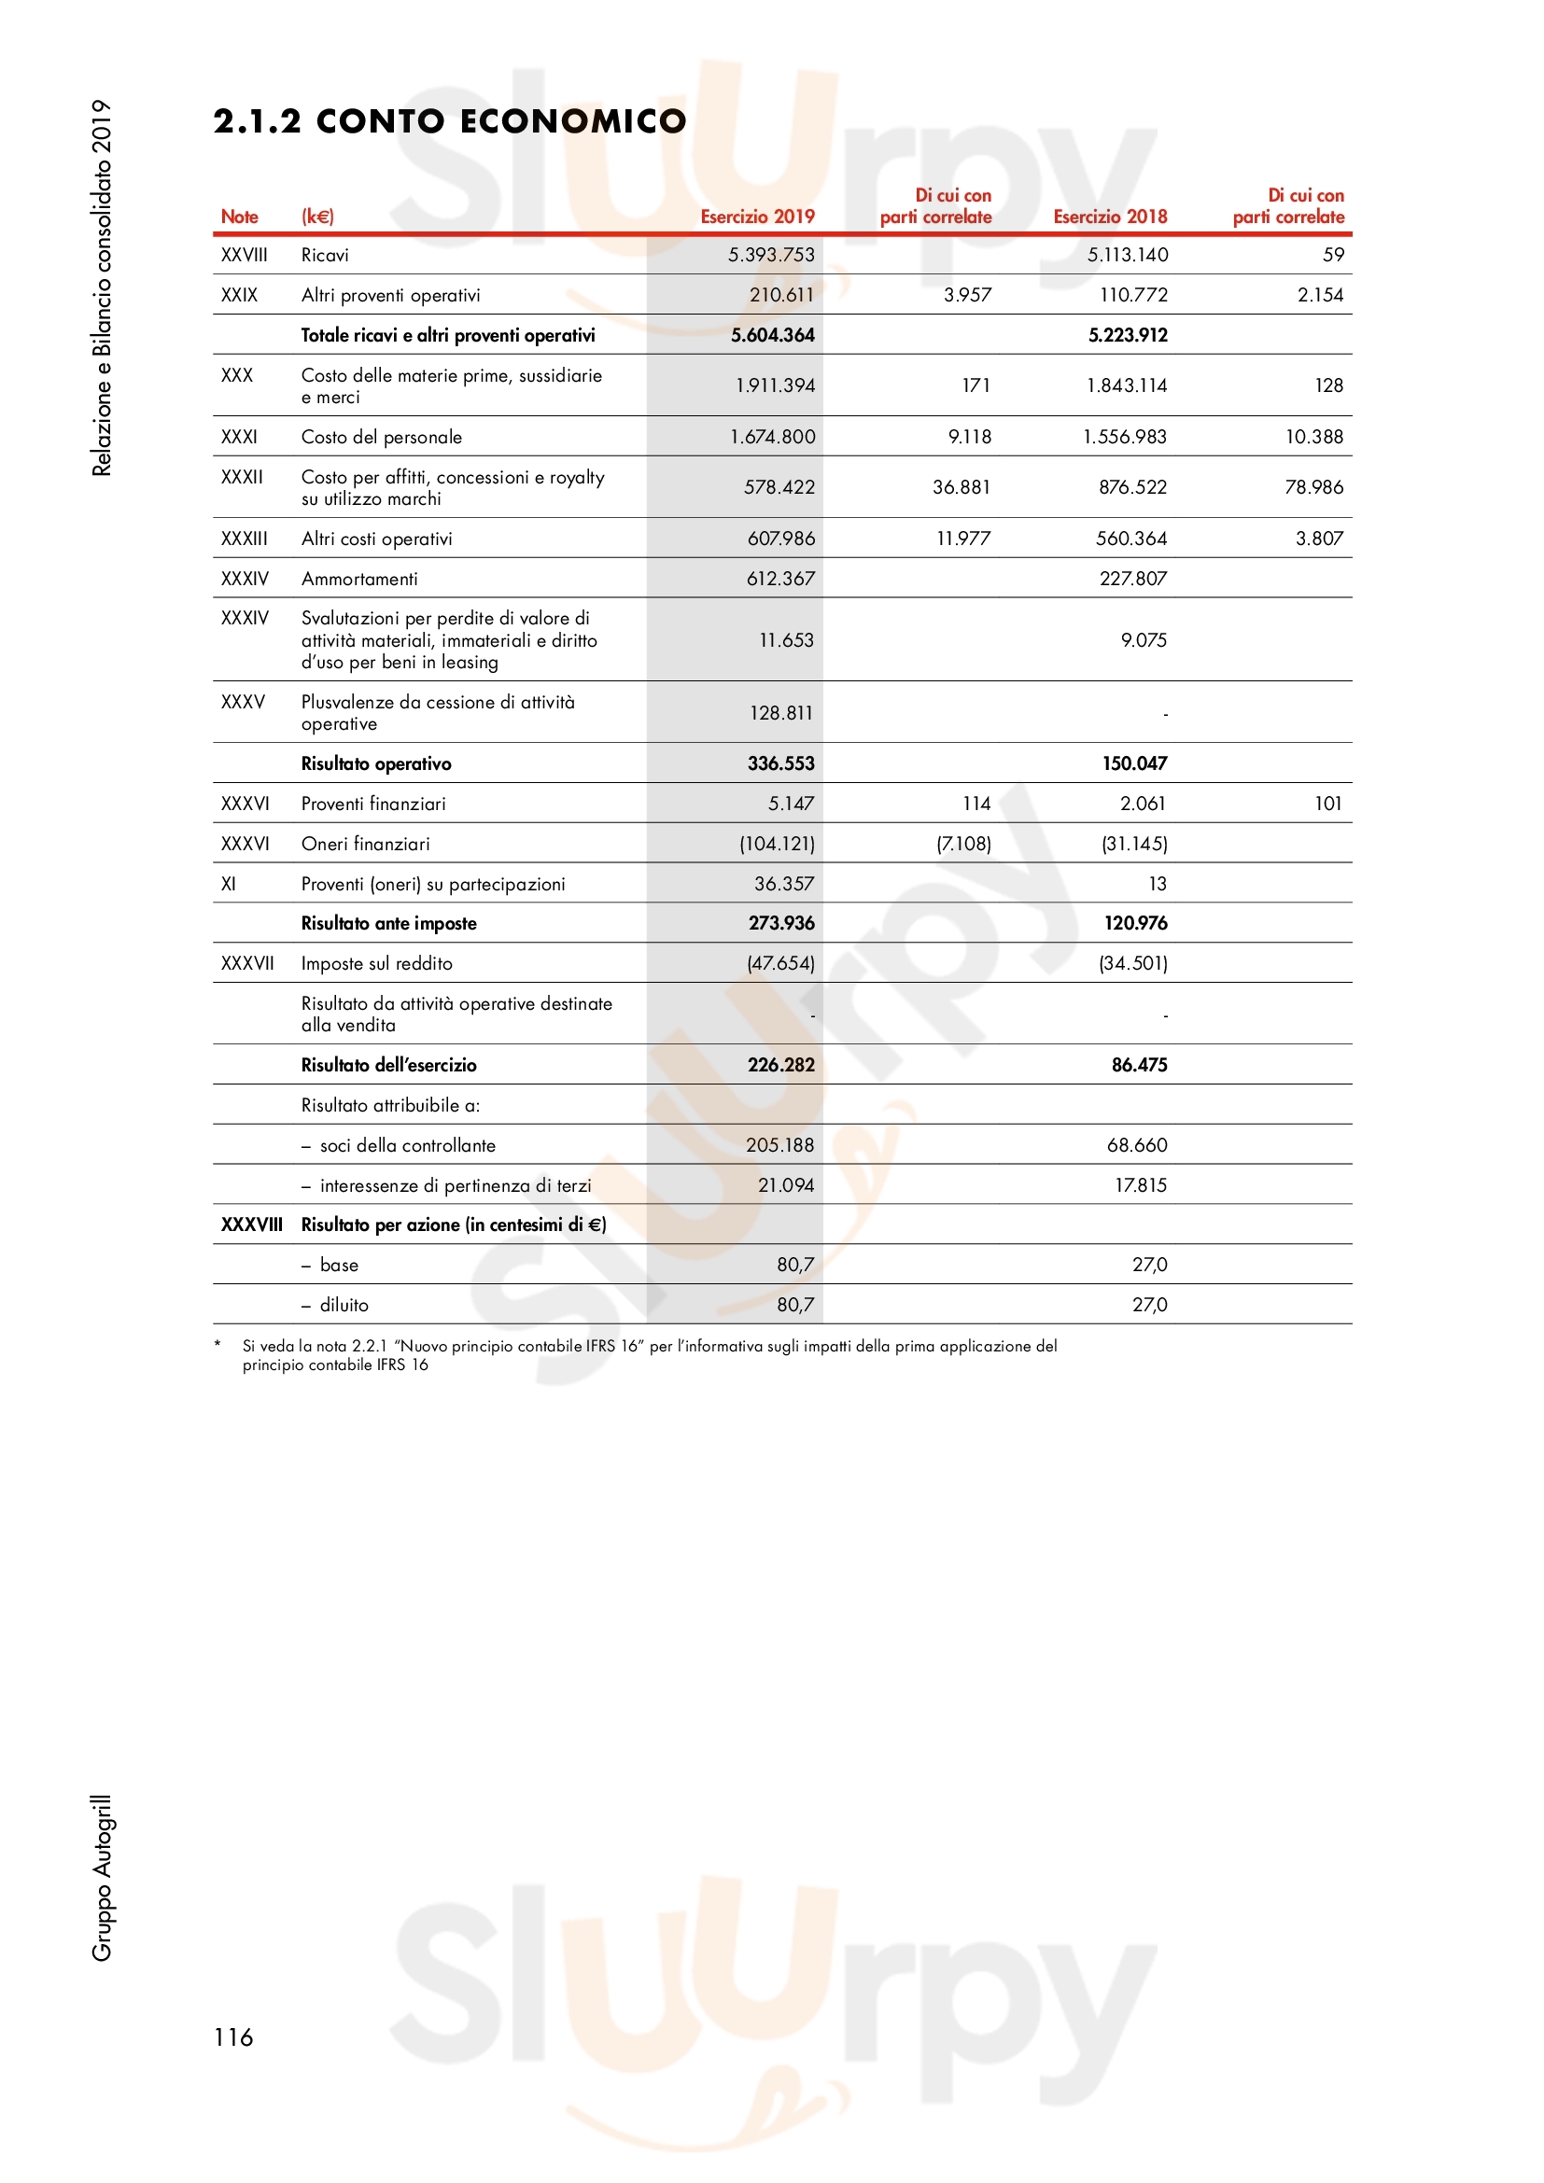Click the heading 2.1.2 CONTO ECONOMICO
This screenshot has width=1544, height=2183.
(x=449, y=121)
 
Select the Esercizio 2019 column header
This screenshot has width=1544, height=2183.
(x=757, y=217)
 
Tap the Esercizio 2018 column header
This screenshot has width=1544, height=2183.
(x=1110, y=217)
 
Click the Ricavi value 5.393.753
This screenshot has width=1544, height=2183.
(x=771, y=255)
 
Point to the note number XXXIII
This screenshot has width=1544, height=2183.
(x=245, y=539)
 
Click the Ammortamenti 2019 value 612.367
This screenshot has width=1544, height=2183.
(x=780, y=579)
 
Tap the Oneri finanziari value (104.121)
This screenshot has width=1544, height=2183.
(x=777, y=845)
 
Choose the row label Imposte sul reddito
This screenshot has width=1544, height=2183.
(x=376, y=964)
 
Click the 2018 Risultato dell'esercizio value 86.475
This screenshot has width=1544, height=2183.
(x=1139, y=1066)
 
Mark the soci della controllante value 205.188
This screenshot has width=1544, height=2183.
(x=779, y=1146)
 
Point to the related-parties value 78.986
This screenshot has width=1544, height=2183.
(x=1314, y=488)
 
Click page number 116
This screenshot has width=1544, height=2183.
(x=233, y=2037)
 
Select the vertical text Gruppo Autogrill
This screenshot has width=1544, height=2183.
(x=102, y=1879)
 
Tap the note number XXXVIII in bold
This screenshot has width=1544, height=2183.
(x=252, y=1225)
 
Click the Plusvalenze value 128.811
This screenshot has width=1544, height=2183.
(x=780, y=713)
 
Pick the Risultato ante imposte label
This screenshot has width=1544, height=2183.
(x=389, y=924)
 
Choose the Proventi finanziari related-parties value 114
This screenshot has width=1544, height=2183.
(x=976, y=805)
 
